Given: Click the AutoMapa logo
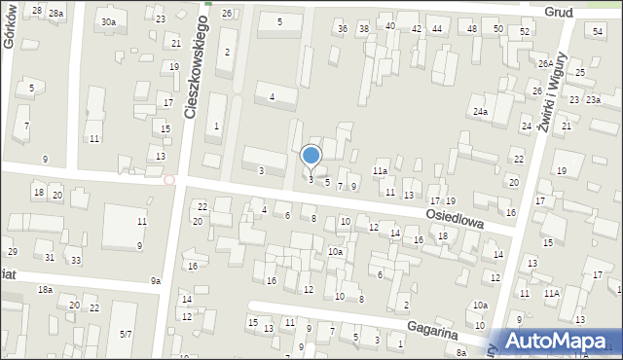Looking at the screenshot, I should [562, 341].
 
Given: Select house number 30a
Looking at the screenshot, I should [108, 21].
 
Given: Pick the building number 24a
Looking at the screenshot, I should [480, 112].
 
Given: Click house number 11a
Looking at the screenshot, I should [380, 171].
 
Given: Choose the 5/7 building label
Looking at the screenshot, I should [126, 334].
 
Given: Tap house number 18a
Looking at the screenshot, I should [45, 290].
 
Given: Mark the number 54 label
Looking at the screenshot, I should [598, 32].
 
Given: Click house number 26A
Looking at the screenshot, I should [545, 64].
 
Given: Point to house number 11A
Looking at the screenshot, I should [552, 293].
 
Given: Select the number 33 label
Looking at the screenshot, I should [75, 260].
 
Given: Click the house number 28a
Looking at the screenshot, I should [56, 13].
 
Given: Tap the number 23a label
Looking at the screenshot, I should [593, 100].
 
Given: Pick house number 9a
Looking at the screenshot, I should [155, 281].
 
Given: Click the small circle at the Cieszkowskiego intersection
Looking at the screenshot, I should [169, 180].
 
